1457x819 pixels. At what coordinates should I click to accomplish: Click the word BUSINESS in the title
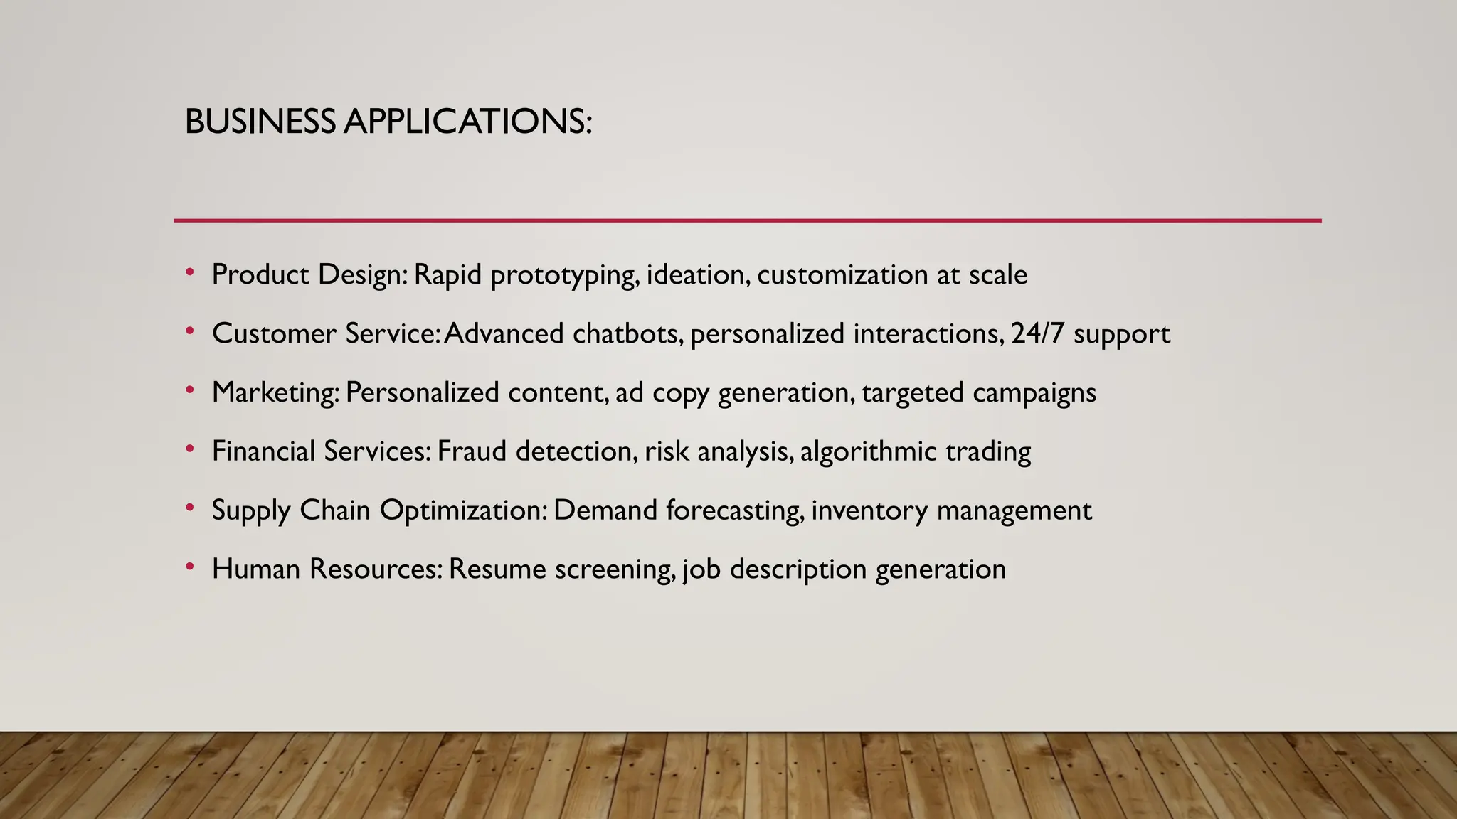260,122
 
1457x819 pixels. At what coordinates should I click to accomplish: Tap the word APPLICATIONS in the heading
467,122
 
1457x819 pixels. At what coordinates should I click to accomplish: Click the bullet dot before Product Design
189,272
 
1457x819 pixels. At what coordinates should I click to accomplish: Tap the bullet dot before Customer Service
189,331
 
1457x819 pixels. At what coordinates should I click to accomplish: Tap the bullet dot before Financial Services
189,449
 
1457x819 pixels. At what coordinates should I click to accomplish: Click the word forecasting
736,511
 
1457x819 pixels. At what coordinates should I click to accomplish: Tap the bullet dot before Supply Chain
189,508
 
